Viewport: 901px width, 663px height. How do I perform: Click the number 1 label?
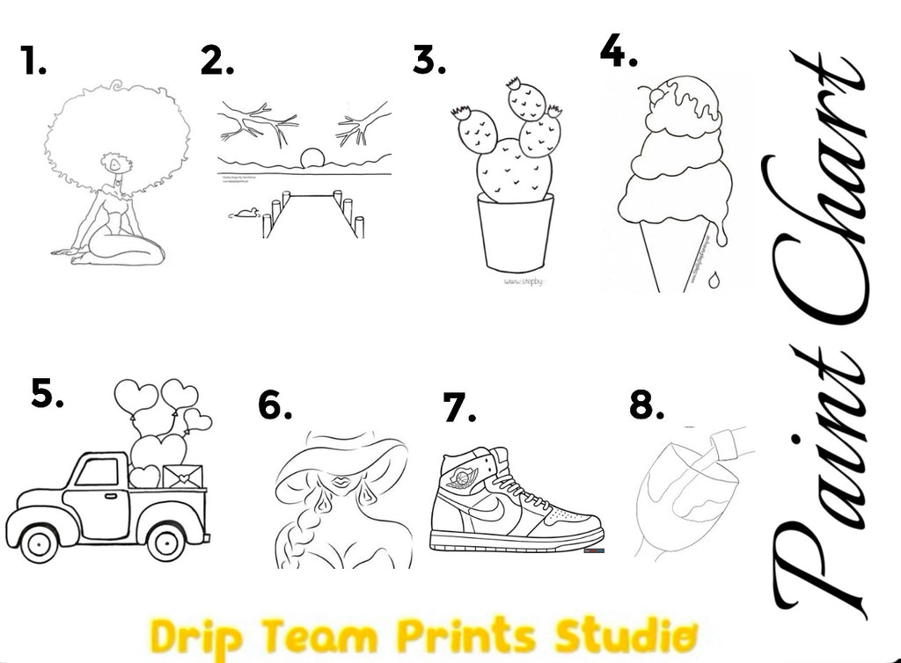(33, 62)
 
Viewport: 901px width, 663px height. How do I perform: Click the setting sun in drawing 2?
(312, 158)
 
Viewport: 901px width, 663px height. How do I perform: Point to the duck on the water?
(244, 213)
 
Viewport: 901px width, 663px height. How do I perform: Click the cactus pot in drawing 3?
(515, 232)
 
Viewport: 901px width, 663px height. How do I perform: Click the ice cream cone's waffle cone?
(678, 255)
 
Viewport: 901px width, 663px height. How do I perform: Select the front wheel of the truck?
(39, 543)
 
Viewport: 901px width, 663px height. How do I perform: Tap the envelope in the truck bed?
(183, 477)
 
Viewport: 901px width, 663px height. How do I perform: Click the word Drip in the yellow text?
(187, 636)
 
